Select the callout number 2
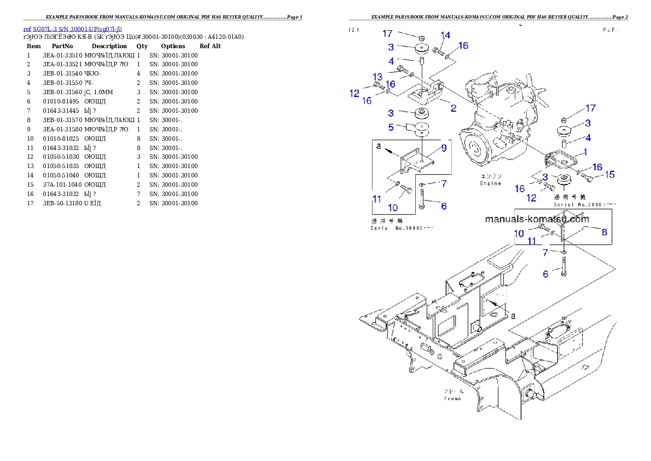pos(454,108)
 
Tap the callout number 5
pos(391,127)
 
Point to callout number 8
pos(604,232)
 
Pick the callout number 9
pos(444,148)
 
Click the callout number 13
pos(377,76)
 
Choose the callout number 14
pos(445,36)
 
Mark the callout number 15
pos(609,175)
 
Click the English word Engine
pos(491,183)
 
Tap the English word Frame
pos(452,399)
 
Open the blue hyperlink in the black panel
pos(73,28)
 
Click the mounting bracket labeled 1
pos(560,160)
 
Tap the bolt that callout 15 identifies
pos(586,177)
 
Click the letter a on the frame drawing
pos(513,315)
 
